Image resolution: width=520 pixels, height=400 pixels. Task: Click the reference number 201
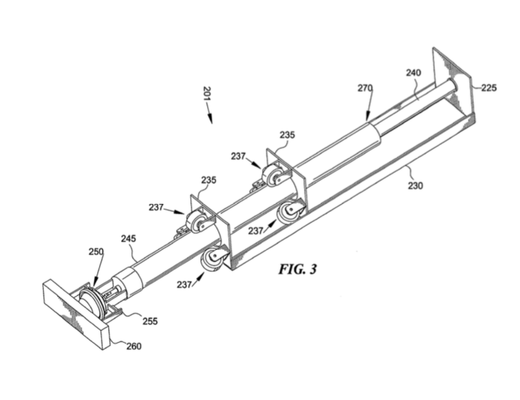pyautogui.click(x=206, y=95)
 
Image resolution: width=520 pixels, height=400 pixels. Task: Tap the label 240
pyautogui.click(x=413, y=73)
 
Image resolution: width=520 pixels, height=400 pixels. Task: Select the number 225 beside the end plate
pyautogui.click(x=489, y=88)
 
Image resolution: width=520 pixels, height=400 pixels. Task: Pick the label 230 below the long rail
pyautogui.click(x=415, y=186)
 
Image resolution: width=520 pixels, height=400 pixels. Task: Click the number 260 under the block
pyautogui.click(x=133, y=346)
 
